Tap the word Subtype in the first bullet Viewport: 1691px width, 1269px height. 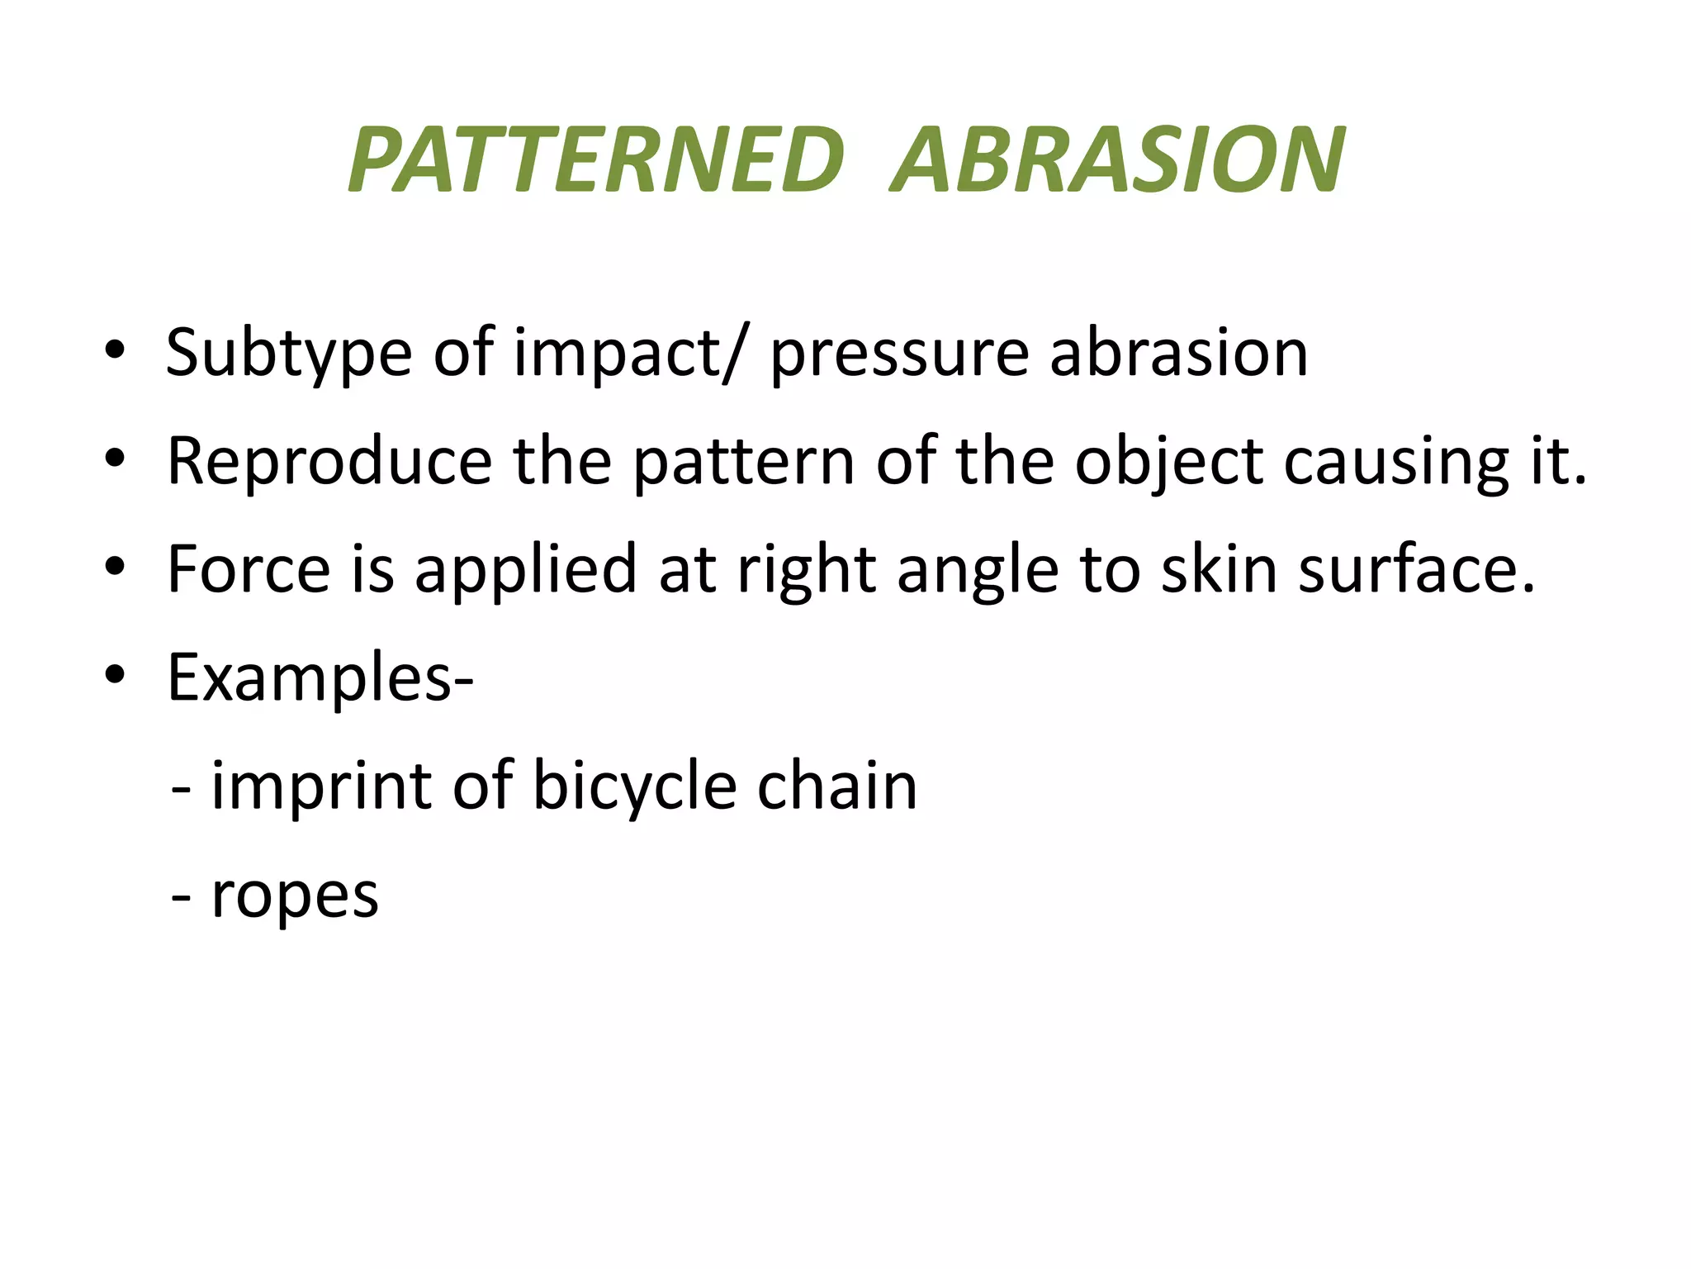click(288, 354)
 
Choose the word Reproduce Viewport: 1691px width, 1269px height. click(329, 462)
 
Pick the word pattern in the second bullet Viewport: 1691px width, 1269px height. click(743, 462)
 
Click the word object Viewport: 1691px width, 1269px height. click(1168, 462)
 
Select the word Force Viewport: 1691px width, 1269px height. click(249, 569)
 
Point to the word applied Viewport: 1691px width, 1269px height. click(525, 571)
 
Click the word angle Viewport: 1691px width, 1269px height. click(978, 571)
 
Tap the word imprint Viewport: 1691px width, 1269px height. click(322, 786)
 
